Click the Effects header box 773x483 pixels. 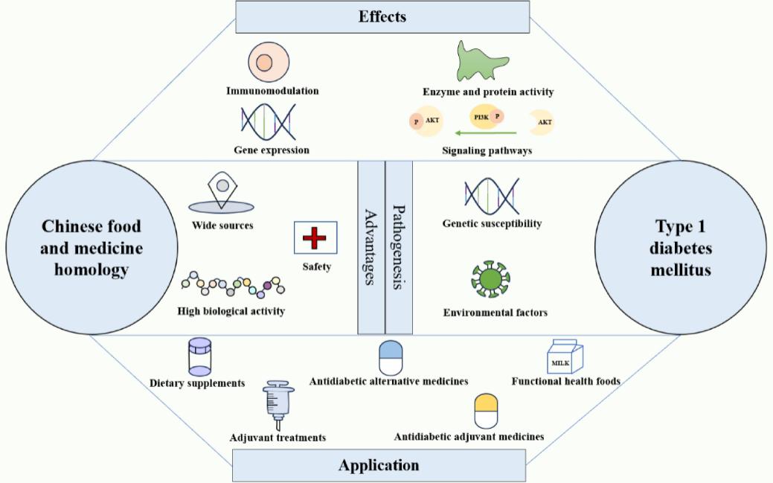(x=382, y=17)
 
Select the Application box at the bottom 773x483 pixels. (x=379, y=465)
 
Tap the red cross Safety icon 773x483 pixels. (x=315, y=238)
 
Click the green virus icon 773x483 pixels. (x=490, y=279)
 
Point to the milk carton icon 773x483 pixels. (x=565, y=356)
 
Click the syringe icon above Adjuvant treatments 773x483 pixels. (x=278, y=406)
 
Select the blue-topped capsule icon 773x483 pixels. (x=391, y=358)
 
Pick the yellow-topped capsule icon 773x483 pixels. (x=486, y=411)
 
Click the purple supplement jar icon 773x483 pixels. (x=200, y=357)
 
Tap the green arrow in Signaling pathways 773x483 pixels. (x=486, y=132)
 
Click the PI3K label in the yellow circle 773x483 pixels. (x=481, y=118)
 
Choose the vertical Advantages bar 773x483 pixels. (x=371, y=248)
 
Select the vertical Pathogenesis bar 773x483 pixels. (x=399, y=248)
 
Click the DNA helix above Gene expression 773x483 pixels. (x=269, y=122)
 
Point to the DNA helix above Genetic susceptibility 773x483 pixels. (x=492, y=196)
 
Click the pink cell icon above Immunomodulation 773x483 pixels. (x=269, y=63)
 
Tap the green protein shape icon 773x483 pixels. (x=481, y=62)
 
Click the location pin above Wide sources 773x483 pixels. (x=222, y=193)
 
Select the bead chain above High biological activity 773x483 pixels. (x=233, y=285)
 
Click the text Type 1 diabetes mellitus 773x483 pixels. (x=681, y=248)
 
